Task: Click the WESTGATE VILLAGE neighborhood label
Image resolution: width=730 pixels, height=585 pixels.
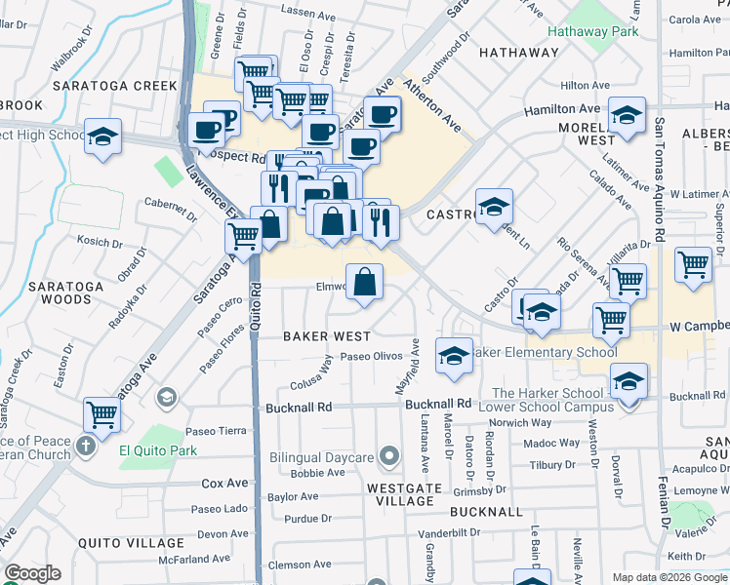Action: [400, 493]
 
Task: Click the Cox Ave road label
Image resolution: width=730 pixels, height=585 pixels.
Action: [224, 483]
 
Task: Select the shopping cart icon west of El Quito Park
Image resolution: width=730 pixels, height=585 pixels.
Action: [101, 414]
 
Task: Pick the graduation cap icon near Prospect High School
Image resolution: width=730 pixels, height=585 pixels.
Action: [101, 136]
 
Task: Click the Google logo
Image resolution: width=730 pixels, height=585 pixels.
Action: [33, 573]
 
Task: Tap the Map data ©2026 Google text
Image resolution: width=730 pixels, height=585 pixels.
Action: [669, 577]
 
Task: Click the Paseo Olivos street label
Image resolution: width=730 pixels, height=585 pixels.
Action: [371, 358]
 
